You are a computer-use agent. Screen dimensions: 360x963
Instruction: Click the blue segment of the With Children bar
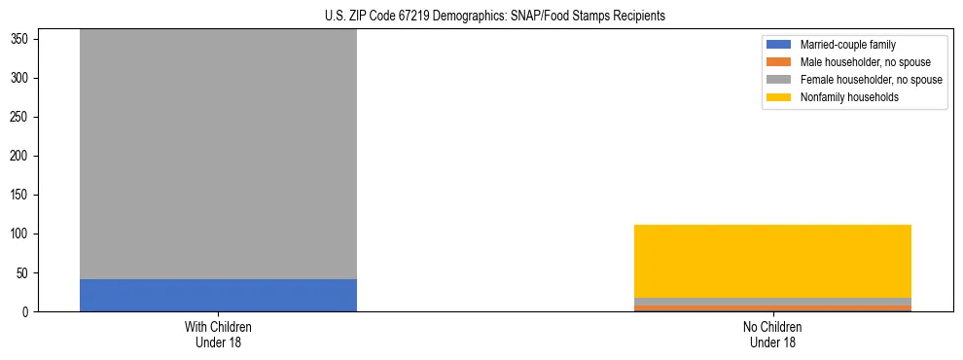[x=218, y=295]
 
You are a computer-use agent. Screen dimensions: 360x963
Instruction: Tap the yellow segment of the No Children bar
[x=772, y=261]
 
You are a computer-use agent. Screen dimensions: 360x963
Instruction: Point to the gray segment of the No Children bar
[x=772, y=301]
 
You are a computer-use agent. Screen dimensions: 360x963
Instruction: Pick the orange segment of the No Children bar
[x=772, y=307]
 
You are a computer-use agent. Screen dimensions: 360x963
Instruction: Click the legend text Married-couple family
[x=848, y=45]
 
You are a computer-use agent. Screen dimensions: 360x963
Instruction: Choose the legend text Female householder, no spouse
[x=871, y=80]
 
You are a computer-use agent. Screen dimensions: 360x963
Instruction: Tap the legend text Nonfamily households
[x=849, y=97]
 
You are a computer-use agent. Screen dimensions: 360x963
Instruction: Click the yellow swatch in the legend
[x=779, y=97]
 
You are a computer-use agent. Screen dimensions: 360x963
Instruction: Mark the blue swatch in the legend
[x=779, y=45]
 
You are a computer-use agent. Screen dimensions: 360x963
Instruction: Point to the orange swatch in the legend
[x=779, y=62]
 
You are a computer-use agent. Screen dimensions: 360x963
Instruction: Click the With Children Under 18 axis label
[x=218, y=335]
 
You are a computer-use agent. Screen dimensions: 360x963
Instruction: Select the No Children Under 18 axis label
[x=772, y=335]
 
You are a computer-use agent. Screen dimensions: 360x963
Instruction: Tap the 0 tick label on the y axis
[x=31, y=312]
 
